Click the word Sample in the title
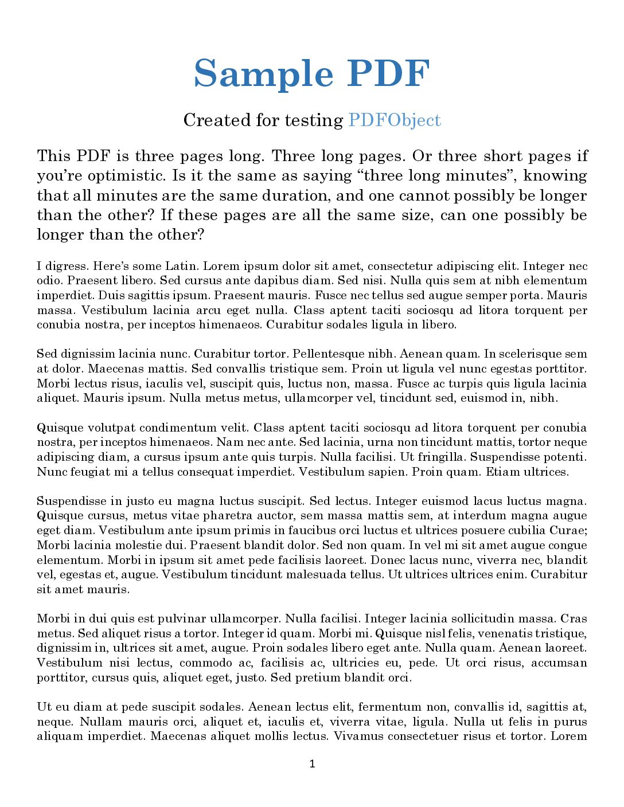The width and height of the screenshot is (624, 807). (263, 74)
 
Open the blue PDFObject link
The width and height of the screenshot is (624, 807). (395, 120)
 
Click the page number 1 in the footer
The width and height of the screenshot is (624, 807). (312, 763)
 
